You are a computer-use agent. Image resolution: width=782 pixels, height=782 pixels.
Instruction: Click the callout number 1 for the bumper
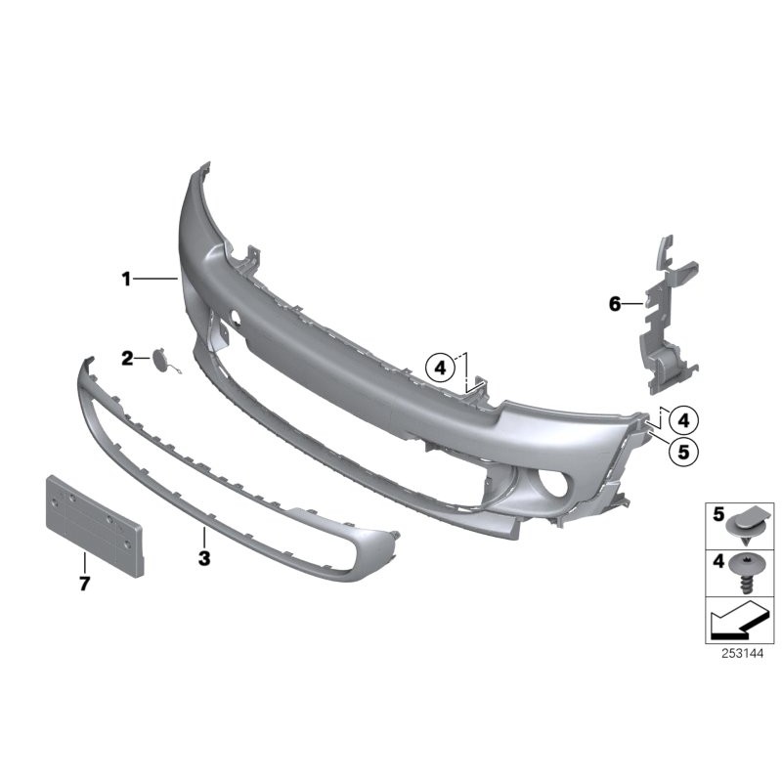pos(126,279)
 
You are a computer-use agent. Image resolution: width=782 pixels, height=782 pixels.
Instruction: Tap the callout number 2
pos(128,358)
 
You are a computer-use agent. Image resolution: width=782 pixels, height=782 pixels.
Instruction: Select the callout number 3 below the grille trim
pos(204,558)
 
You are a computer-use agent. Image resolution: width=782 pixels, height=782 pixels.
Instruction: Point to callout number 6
pos(615,303)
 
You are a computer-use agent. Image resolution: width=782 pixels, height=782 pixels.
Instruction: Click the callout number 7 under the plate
pos(85,583)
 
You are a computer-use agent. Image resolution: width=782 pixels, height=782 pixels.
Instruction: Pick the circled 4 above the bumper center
pos(441,369)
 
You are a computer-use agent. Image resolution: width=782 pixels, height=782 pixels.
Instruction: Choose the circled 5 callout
pos(683,452)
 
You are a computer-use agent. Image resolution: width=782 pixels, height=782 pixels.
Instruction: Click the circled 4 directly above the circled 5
pos(683,420)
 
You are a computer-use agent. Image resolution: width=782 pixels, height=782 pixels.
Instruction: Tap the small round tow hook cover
pos(162,360)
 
